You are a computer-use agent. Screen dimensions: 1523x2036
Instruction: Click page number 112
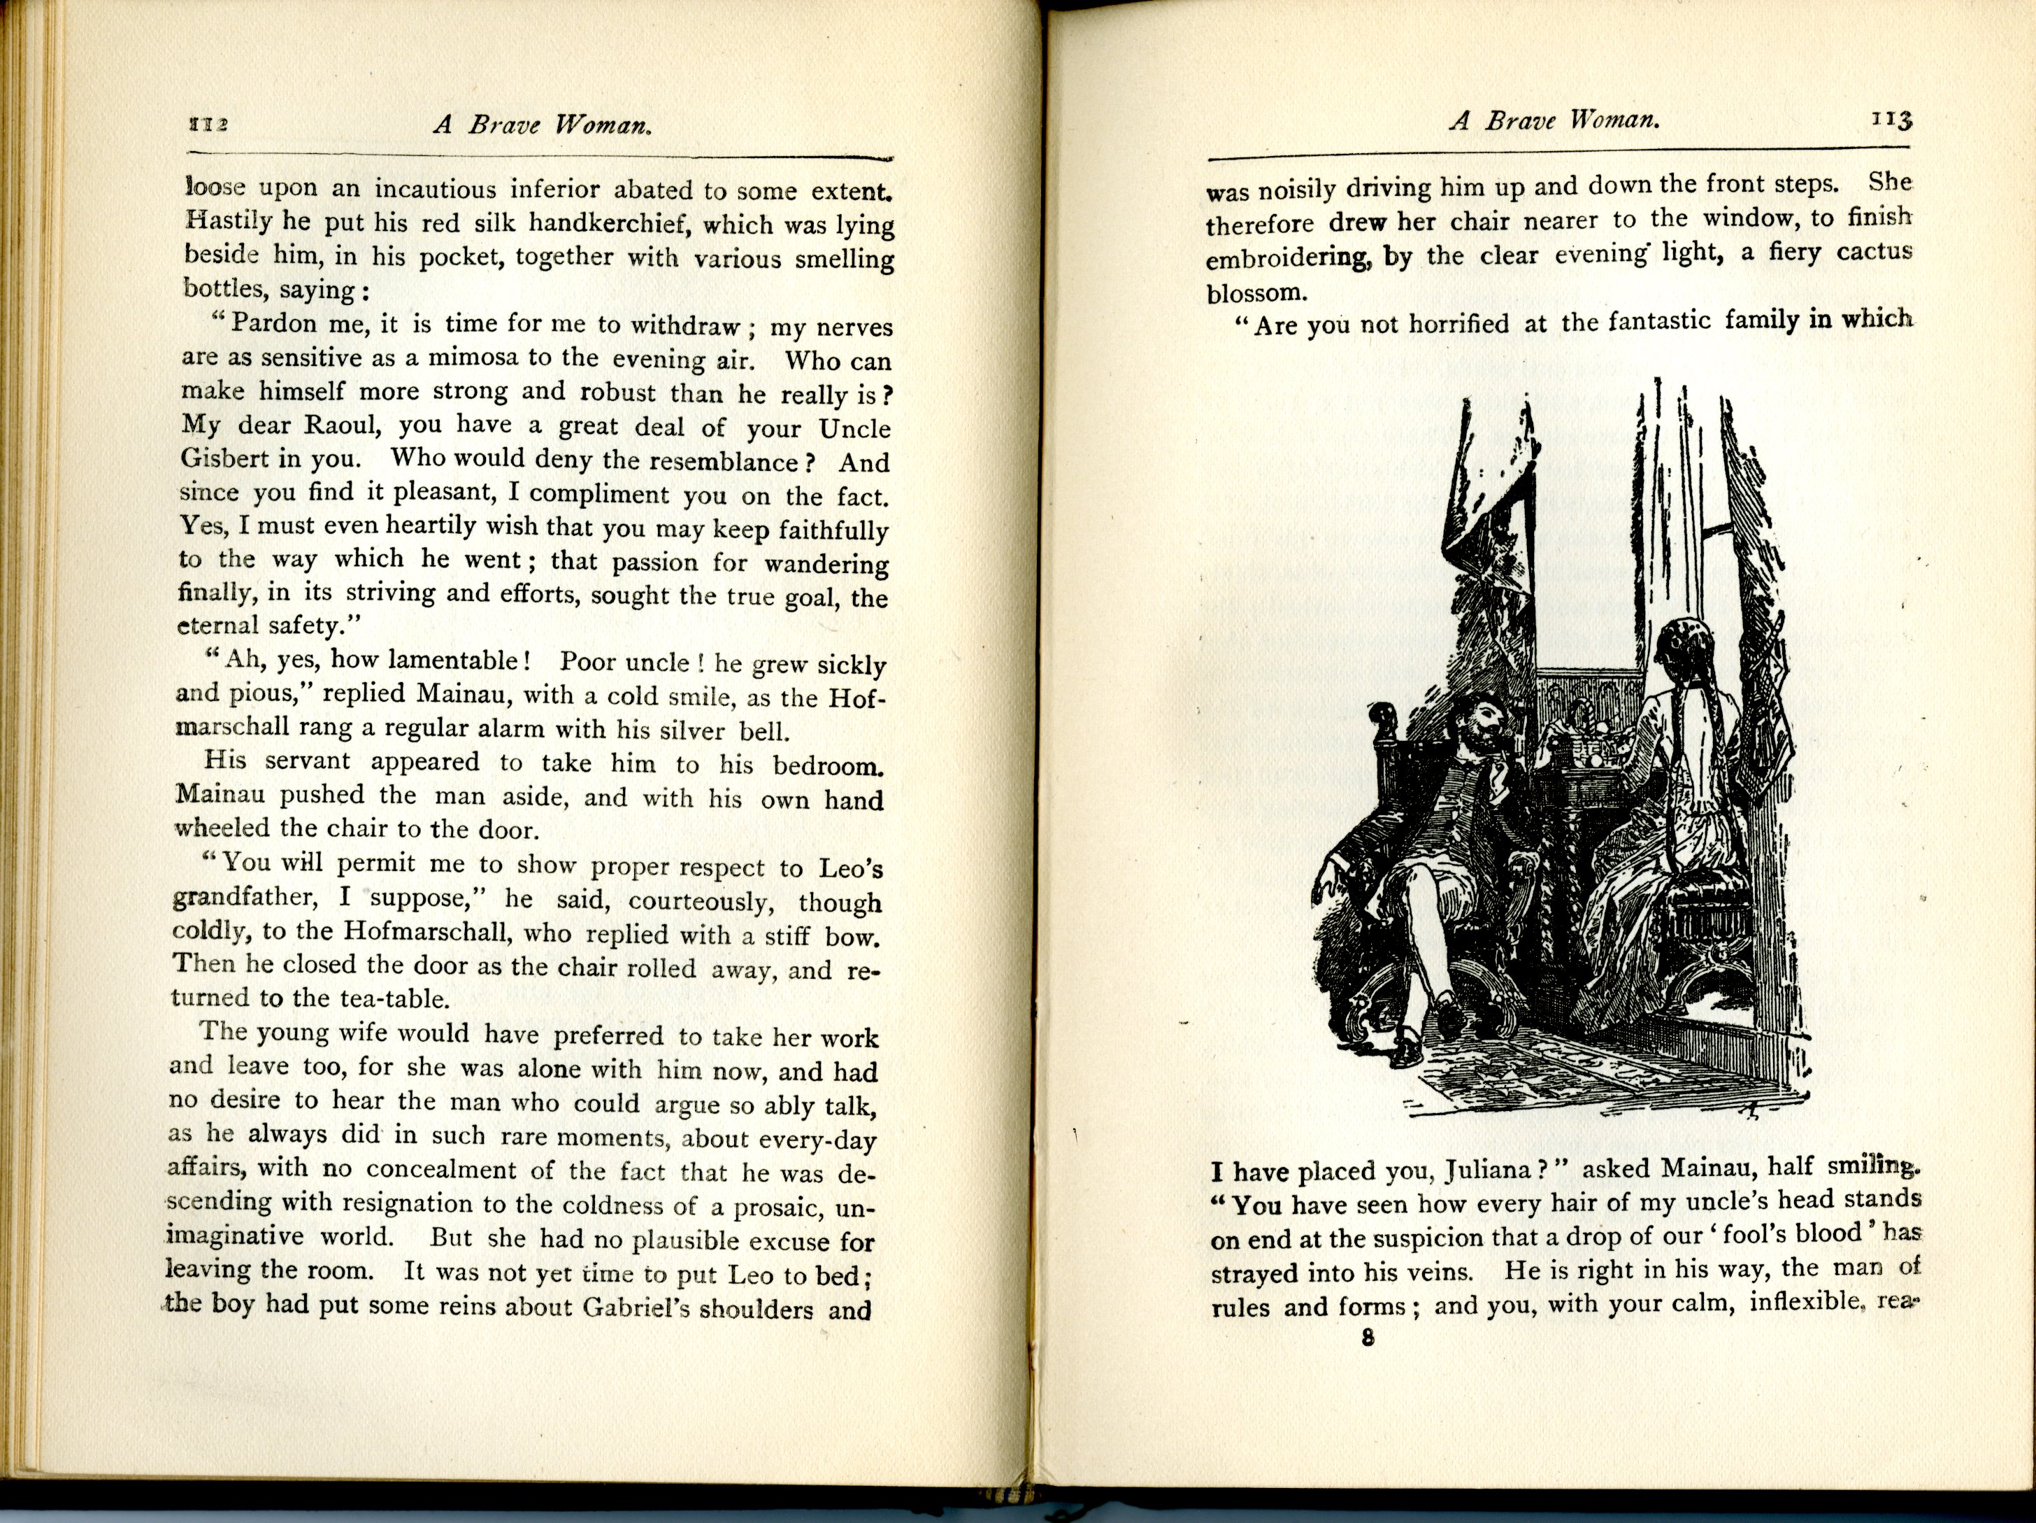click(207, 125)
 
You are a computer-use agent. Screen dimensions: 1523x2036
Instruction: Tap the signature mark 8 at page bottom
click(1368, 1338)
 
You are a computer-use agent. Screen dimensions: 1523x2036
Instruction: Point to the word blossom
click(1256, 293)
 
